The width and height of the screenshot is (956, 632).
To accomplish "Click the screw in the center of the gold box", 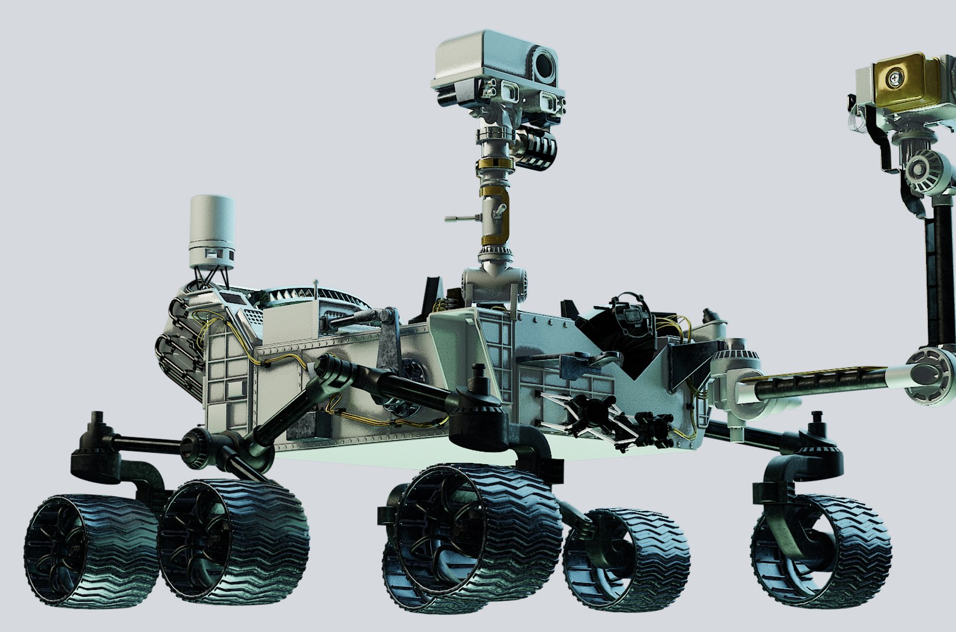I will tap(895, 77).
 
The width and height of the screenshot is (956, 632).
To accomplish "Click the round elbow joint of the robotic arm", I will tap(930, 377).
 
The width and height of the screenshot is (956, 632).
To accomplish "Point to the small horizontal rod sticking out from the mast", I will tap(462, 219).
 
